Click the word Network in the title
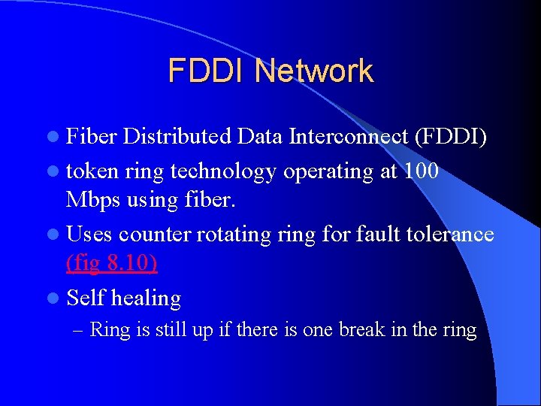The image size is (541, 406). [313, 71]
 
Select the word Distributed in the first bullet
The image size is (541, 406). [177, 136]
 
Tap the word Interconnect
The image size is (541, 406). [323, 136]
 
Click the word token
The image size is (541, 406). [93, 171]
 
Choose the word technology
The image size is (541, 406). [224, 172]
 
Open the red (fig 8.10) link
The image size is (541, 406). [112, 264]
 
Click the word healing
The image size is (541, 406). [146, 298]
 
